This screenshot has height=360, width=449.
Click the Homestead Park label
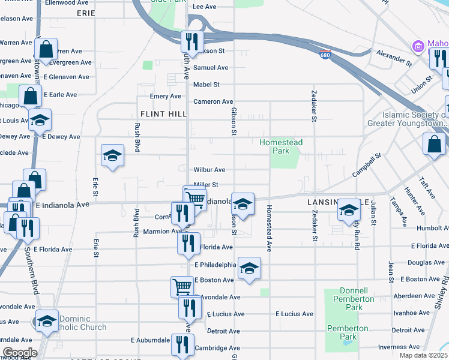pos(281,147)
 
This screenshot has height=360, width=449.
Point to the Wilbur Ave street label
pos(209,170)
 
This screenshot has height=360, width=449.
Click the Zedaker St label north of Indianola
pos(314,106)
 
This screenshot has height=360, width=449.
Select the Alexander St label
pos(394,58)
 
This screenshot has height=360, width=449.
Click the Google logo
pos(19,352)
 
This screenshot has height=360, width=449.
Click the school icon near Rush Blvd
pos(112,157)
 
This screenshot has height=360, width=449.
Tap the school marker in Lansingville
pos(348,209)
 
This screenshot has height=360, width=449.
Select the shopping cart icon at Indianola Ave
pos(194,197)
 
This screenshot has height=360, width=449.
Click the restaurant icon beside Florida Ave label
pos(188,243)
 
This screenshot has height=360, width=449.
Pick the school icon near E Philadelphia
pos(249,268)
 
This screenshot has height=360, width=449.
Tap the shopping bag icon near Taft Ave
pos(434,145)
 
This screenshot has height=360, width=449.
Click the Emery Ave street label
pos(165,96)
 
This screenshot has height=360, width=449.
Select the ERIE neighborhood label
pos(86,13)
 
